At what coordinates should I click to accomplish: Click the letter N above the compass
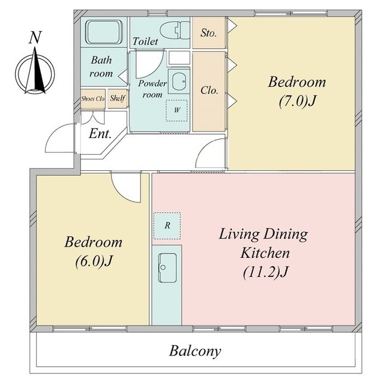tap(35, 38)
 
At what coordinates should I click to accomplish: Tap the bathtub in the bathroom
tap(104, 32)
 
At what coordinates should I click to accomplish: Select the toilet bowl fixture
tap(174, 30)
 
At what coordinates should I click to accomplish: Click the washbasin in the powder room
tap(179, 82)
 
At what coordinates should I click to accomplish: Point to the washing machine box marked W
tap(177, 111)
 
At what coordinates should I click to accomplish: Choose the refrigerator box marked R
tap(167, 226)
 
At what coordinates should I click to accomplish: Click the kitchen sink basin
tap(167, 268)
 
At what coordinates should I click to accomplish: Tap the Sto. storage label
tap(208, 33)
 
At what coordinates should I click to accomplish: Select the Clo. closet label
tap(209, 90)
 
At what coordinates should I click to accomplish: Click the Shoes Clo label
tap(93, 99)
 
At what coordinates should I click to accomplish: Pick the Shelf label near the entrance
tap(118, 98)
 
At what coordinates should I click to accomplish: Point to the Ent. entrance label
tap(100, 133)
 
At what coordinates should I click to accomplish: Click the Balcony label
tap(195, 351)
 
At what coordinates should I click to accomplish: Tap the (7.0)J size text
tap(297, 101)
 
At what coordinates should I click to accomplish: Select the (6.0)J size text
tap(93, 261)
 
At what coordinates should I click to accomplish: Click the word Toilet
tap(145, 41)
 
